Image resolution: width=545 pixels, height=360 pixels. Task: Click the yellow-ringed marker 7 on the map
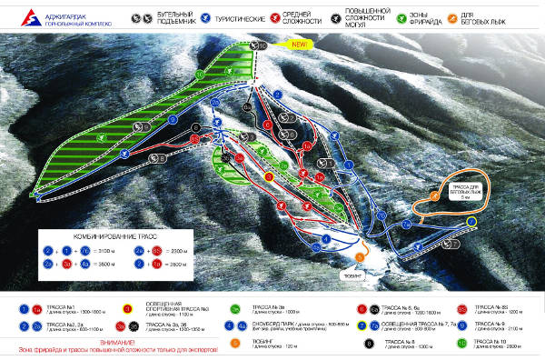click(x=471, y=222)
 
